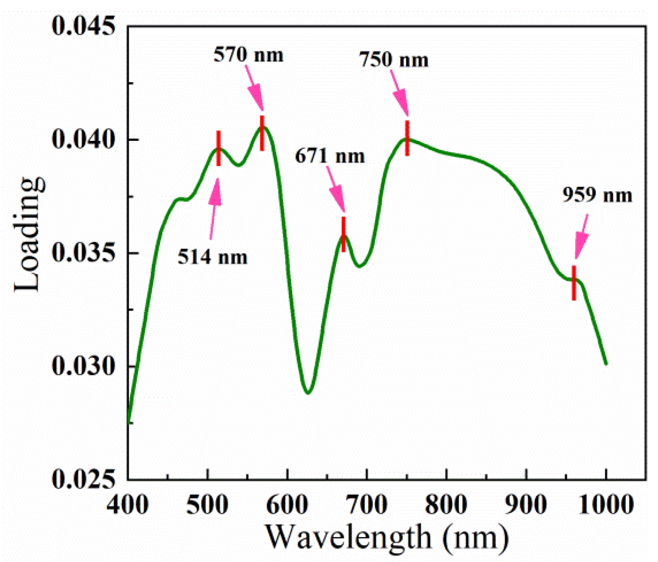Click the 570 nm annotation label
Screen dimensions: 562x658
(248, 55)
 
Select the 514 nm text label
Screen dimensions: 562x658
(212, 257)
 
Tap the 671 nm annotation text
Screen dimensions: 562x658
(330, 156)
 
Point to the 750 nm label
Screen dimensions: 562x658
(394, 60)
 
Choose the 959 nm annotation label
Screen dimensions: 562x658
(597, 195)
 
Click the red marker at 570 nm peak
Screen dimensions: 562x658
(262, 133)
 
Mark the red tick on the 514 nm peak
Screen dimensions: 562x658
(219, 148)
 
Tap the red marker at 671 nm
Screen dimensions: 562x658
(344, 234)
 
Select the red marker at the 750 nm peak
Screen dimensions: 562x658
(407, 138)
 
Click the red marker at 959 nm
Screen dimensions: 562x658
(574, 283)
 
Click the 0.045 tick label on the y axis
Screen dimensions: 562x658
(83, 26)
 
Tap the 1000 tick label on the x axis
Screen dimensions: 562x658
(606, 504)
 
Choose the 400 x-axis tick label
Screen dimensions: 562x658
(127, 504)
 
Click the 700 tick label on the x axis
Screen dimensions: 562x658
(367, 504)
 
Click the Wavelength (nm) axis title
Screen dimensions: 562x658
(387, 538)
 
